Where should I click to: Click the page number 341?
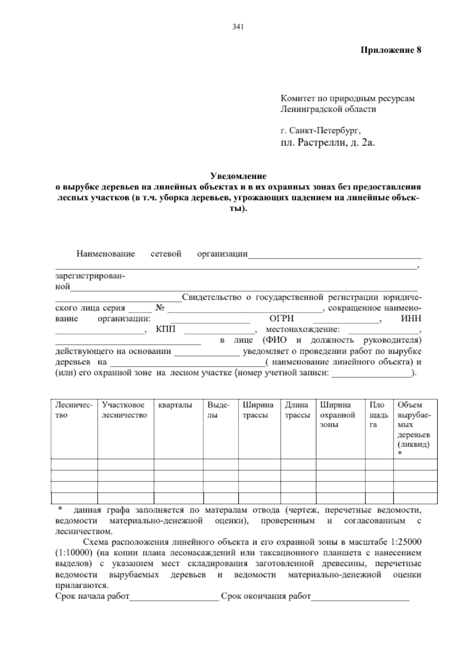point(237,27)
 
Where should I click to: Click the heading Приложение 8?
point(391,50)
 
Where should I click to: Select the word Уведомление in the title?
point(238,177)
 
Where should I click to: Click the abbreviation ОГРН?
point(282,319)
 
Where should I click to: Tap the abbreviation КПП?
point(166,330)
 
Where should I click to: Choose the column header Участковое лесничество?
point(125,410)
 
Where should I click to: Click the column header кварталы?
point(175,405)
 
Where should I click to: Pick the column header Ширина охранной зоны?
point(337,415)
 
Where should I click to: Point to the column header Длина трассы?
point(297,410)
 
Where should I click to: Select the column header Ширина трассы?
point(258,410)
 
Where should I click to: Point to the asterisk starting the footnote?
point(60,509)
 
